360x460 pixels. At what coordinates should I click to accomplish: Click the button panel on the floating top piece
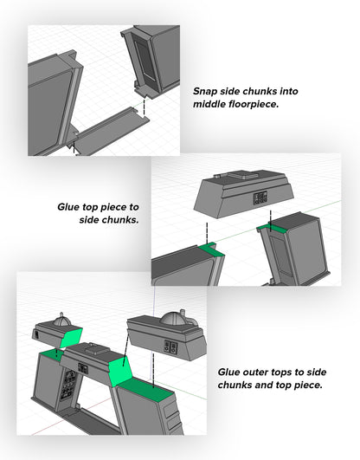(260, 198)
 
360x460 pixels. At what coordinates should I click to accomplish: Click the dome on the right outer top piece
(172, 319)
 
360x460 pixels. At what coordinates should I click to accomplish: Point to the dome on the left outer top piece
(61, 321)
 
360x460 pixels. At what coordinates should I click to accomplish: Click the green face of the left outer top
(71, 337)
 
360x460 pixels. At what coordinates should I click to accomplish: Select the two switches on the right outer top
(170, 347)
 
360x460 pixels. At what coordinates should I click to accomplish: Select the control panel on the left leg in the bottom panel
(68, 385)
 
